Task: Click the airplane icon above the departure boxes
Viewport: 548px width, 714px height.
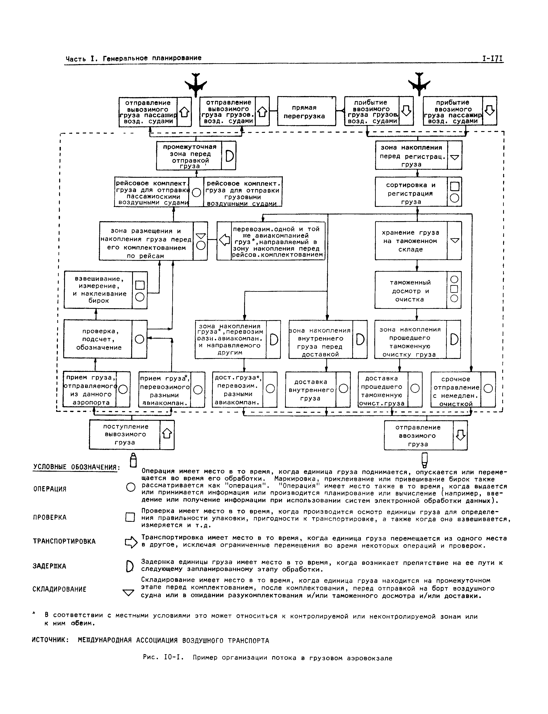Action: (x=196, y=84)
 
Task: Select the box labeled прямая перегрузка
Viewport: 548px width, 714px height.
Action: (x=306, y=111)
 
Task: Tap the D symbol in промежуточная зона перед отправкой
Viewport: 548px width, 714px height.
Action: (x=229, y=156)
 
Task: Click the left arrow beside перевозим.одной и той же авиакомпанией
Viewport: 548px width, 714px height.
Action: (x=224, y=241)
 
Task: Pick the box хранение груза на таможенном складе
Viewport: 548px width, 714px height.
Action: (x=411, y=241)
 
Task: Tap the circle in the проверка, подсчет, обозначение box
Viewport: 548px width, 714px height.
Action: (x=139, y=339)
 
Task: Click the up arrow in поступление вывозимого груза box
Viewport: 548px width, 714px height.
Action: (x=167, y=434)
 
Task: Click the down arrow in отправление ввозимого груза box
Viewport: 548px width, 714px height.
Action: (x=460, y=435)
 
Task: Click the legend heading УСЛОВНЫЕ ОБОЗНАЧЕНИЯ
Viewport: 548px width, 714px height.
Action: (x=77, y=467)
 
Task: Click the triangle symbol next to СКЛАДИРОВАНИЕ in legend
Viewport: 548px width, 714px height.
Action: (x=128, y=592)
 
